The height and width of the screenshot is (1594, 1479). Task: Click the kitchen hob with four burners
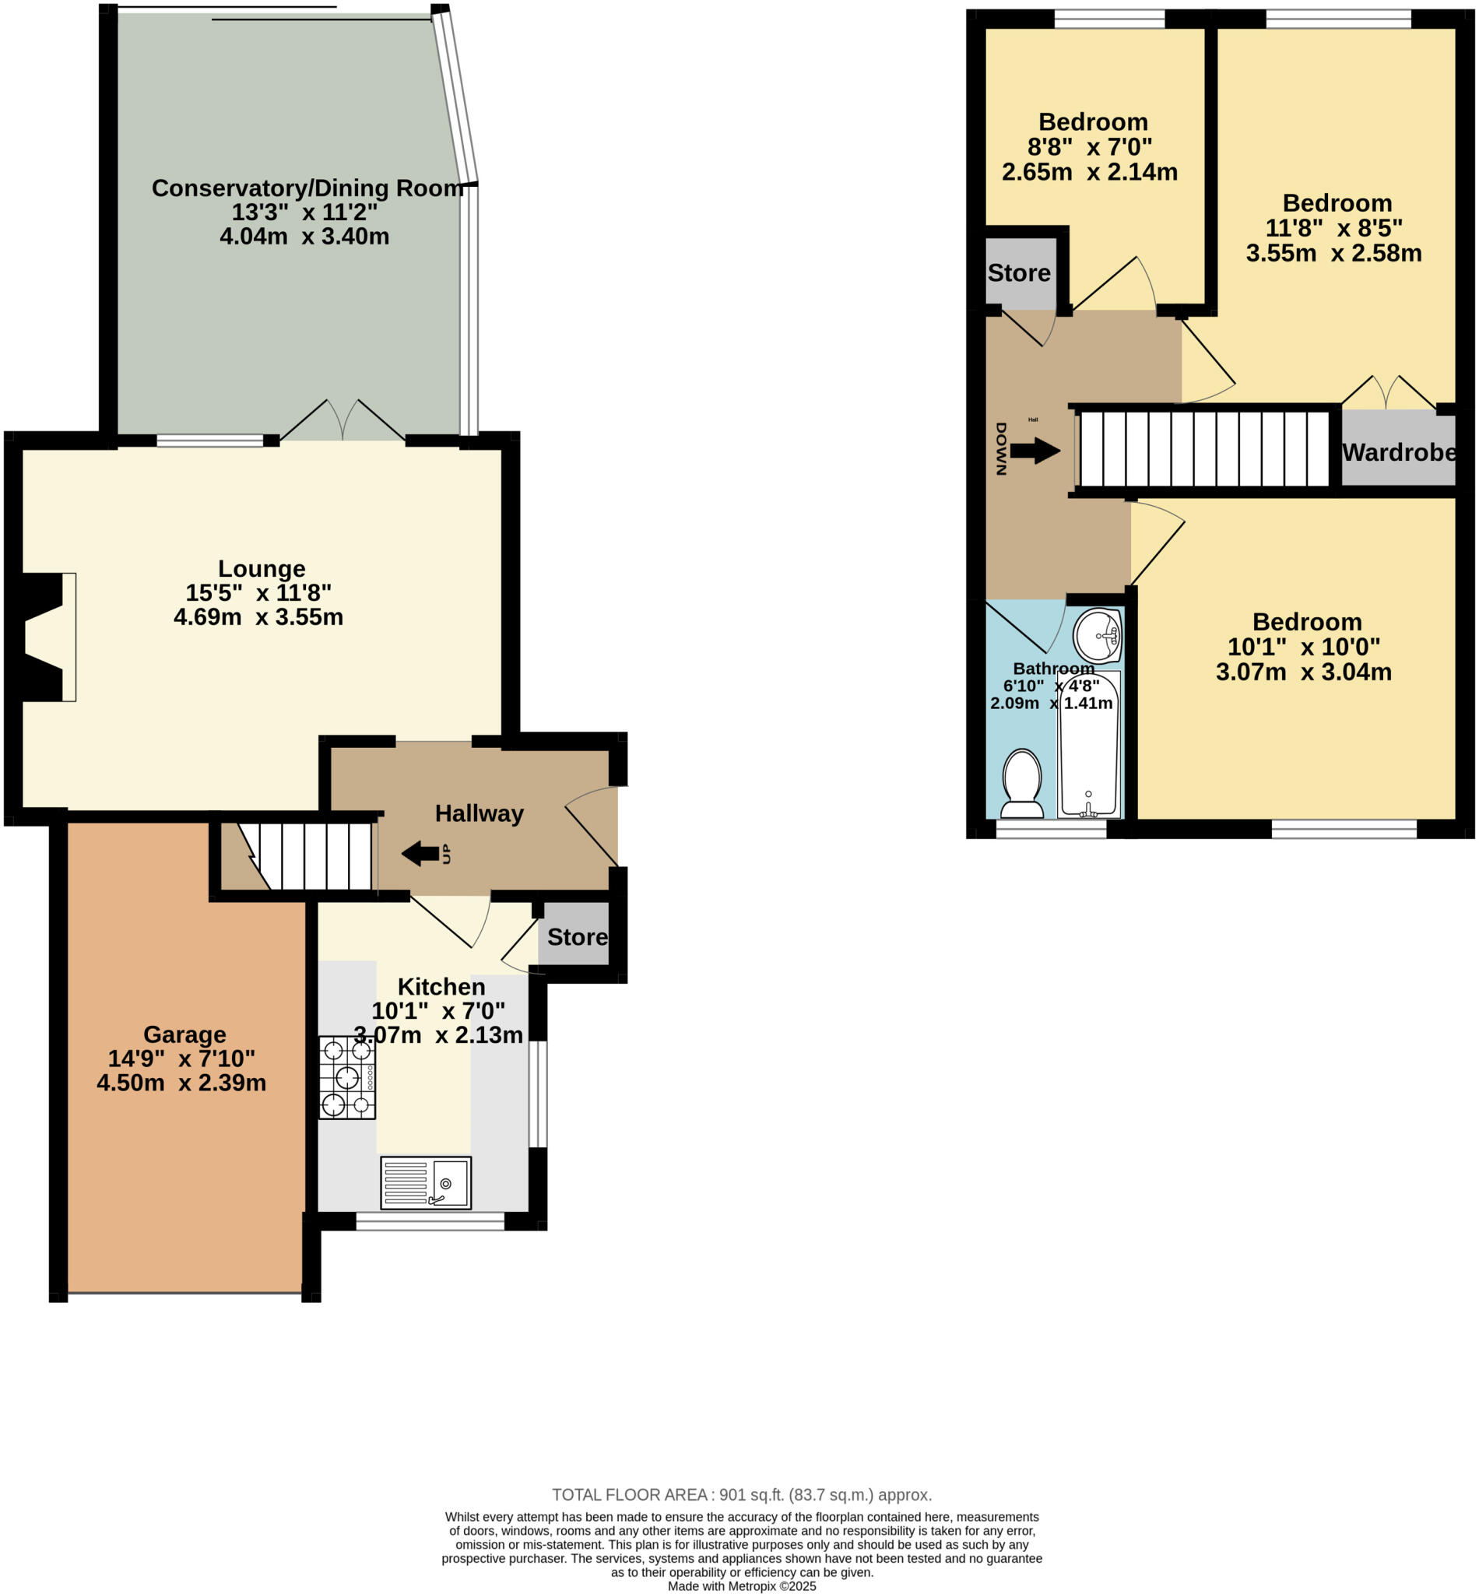346,1077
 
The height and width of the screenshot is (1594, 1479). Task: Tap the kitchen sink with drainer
425,1182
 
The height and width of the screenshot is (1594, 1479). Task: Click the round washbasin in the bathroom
1098,636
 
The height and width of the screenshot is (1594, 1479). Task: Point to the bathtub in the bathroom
1088,744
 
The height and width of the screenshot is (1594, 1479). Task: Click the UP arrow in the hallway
421,854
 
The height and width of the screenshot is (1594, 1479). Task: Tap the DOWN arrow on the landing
1034,451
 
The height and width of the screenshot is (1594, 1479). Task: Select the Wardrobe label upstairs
1398,452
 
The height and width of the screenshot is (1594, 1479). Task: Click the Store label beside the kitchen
577,937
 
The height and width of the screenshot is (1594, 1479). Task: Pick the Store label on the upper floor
1019,273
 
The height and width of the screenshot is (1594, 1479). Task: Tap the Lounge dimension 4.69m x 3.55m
258,617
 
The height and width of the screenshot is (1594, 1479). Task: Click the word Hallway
479,813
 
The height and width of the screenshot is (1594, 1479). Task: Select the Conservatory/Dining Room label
307,188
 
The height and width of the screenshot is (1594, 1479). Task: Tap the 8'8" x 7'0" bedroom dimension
1089,146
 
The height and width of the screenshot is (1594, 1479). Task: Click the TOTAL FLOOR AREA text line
741,1495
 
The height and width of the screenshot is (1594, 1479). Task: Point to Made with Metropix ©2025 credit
741,1586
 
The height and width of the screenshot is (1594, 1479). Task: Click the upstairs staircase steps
1203,449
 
